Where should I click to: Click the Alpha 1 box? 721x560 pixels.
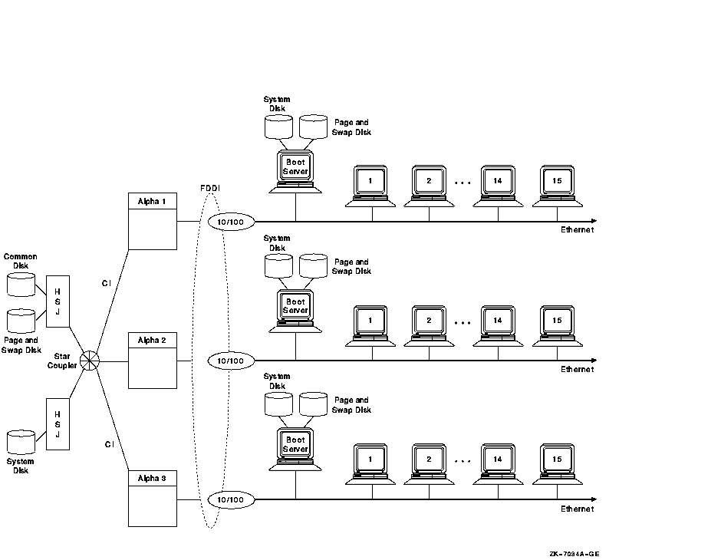click(152, 221)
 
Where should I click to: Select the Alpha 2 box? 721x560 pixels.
click(152, 360)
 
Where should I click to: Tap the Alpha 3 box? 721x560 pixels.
click(152, 498)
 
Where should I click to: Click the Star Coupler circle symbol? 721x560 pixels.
click(91, 360)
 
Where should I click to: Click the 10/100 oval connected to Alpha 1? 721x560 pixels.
click(230, 222)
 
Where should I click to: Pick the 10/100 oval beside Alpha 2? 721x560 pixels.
click(230, 360)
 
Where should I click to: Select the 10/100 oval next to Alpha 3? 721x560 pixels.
click(230, 499)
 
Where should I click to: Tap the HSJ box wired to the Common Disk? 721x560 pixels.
click(58, 301)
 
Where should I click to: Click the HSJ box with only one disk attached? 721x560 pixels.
click(58, 423)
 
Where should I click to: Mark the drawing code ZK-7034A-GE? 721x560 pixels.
click(574, 553)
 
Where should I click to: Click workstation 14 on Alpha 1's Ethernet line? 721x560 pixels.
click(498, 181)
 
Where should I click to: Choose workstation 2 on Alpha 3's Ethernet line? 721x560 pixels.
click(430, 460)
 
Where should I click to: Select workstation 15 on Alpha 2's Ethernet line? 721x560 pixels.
click(556, 321)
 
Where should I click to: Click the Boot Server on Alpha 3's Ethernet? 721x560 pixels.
click(295, 445)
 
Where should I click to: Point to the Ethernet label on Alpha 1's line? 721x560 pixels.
click(577, 229)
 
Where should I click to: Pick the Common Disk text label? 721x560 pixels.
click(21, 262)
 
